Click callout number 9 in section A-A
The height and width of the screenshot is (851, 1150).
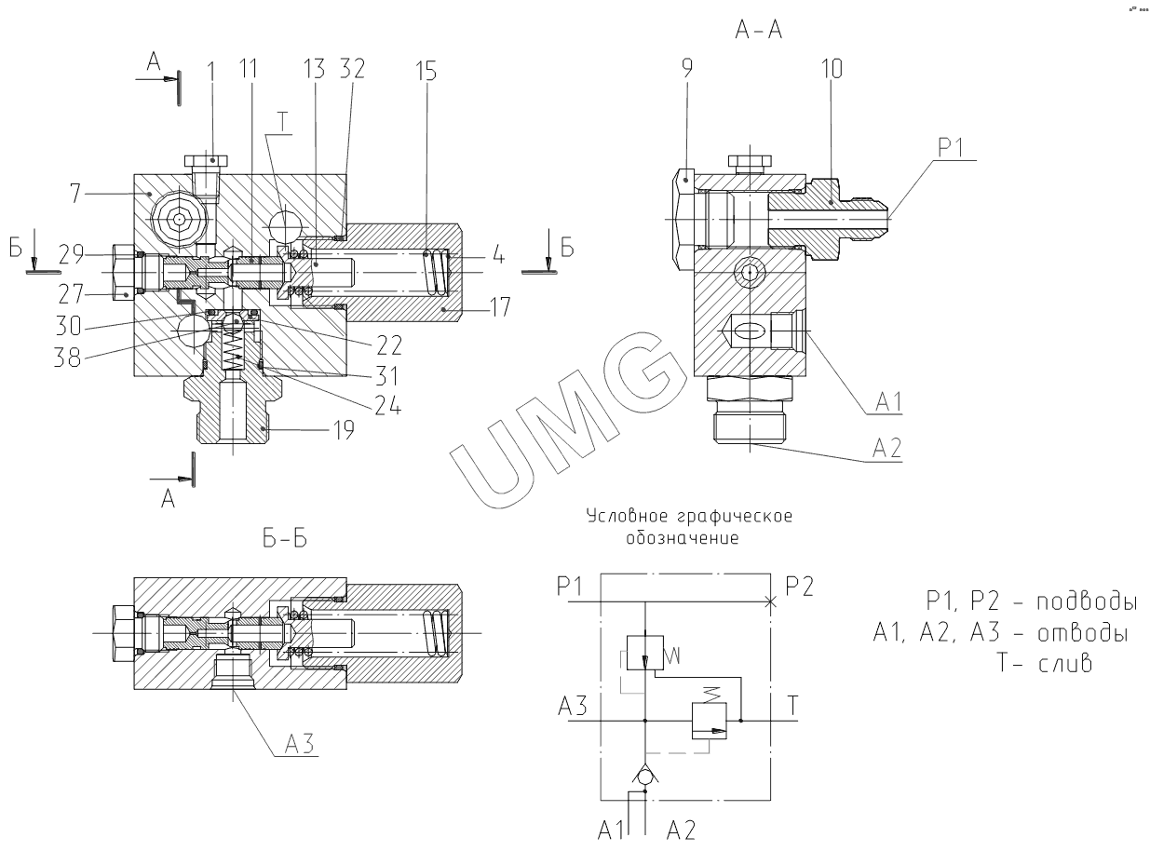[686, 69]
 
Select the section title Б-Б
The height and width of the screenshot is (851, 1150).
[287, 542]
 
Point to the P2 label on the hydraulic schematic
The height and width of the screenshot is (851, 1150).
[799, 588]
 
